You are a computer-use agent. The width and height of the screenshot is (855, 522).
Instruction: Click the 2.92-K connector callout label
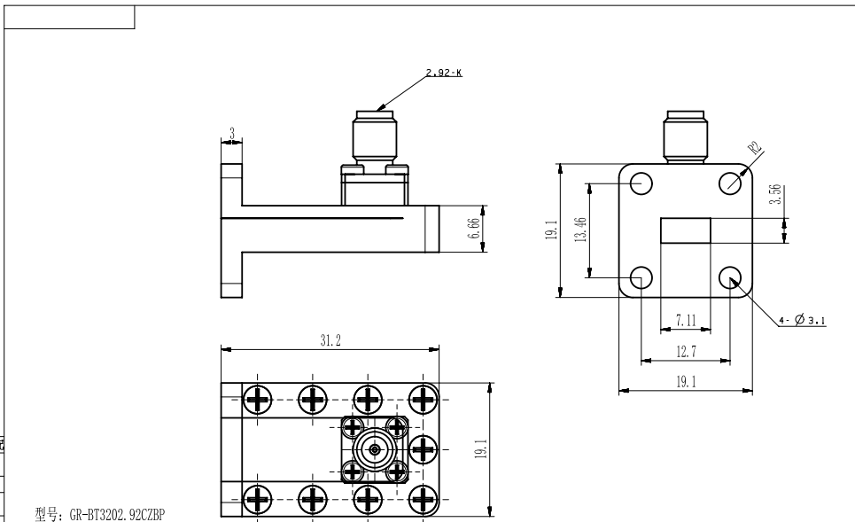(444, 73)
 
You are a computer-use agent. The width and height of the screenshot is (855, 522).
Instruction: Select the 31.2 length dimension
(330, 341)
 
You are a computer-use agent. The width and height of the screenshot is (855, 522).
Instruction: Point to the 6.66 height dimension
(474, 229)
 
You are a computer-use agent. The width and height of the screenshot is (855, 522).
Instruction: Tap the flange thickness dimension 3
(232, 134)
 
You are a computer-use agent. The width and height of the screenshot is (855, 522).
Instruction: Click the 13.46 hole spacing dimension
(580, 229)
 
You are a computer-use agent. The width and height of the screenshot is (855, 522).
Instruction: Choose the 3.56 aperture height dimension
(775, 195)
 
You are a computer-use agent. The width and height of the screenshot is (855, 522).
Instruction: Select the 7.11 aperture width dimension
(686, 320)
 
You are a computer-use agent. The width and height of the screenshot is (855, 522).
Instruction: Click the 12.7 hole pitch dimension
(686, 352)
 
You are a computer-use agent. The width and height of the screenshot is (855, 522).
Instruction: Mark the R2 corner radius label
(755, 148)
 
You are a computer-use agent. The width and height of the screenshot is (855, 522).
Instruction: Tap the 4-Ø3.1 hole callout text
(802, 320)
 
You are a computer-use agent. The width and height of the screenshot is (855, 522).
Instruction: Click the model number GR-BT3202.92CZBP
(100, 514)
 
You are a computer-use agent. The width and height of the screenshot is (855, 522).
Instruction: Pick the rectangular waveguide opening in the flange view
(686, 230)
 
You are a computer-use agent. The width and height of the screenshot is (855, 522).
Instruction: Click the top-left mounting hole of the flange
(641, 183)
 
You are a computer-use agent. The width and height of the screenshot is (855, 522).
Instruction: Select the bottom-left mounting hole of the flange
(641, 277)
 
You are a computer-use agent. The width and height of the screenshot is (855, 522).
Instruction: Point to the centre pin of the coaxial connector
(375, 449)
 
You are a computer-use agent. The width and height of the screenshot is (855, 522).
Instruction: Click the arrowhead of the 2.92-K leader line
(380, 107)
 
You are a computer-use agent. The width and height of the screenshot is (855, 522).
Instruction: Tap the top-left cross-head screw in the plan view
(257, 400)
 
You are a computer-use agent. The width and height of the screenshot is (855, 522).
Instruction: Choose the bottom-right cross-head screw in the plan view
(423, 499)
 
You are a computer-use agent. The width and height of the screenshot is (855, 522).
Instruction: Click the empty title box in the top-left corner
(69, 17)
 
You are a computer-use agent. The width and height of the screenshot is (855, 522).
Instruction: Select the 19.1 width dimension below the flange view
(686, 382)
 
